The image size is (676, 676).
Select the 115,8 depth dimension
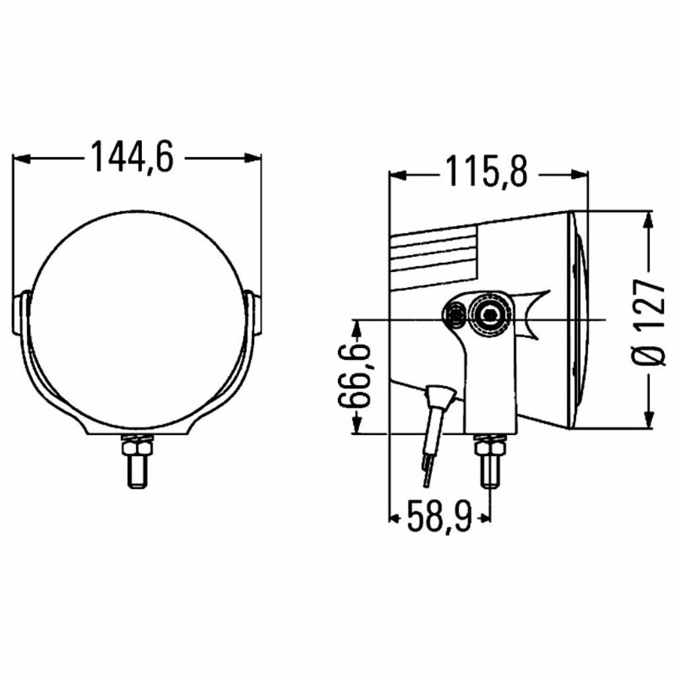pos(487,172)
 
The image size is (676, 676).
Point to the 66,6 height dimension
pos(355,375)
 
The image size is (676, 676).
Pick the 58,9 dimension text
pos(439,516)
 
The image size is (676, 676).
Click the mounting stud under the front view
pos(137,461)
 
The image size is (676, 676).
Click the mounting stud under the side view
pos(490,461)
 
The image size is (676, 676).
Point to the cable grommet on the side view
pos(440,399)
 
